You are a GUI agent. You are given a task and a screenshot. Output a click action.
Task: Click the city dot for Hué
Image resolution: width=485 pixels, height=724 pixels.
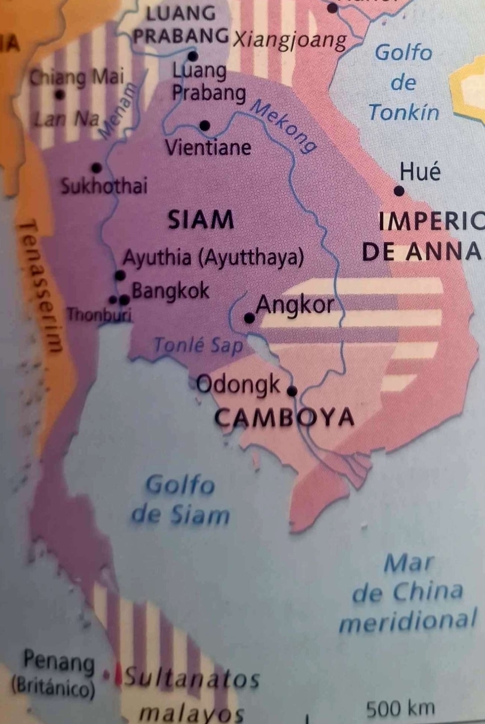(399, 191)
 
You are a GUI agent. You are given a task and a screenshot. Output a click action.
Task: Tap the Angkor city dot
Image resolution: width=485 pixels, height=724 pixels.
(249, 318)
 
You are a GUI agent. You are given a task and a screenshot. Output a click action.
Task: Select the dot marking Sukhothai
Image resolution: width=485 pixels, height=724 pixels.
(96, 168)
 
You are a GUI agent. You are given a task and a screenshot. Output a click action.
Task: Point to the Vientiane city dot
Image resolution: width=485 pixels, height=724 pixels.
(204, 125)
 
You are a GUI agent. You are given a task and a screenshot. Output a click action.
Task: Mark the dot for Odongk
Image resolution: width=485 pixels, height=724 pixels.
(292, 390)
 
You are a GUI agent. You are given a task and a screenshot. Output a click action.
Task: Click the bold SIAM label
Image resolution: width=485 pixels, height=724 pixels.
(201, 220)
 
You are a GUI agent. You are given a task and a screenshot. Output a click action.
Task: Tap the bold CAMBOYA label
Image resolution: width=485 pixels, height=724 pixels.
(284, 417)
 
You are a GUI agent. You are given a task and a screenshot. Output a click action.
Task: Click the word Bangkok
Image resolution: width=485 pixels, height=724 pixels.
(170, 291)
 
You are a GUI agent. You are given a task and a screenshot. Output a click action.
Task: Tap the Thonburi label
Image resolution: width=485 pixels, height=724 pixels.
(99, 316)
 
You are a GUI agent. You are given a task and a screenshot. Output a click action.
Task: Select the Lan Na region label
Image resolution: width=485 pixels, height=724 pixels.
(58, 120)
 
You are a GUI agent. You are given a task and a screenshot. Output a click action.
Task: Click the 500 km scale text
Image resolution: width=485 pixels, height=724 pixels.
(401, 709)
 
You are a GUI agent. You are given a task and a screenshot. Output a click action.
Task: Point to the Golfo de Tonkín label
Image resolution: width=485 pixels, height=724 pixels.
(403, 82)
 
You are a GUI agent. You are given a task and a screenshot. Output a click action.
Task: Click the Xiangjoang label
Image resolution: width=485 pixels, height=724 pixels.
(289, 40)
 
